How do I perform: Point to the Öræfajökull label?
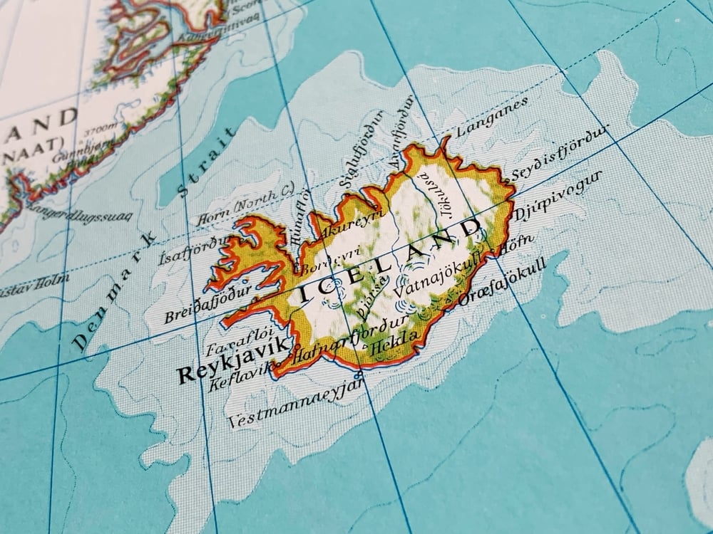tap(503, 282)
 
